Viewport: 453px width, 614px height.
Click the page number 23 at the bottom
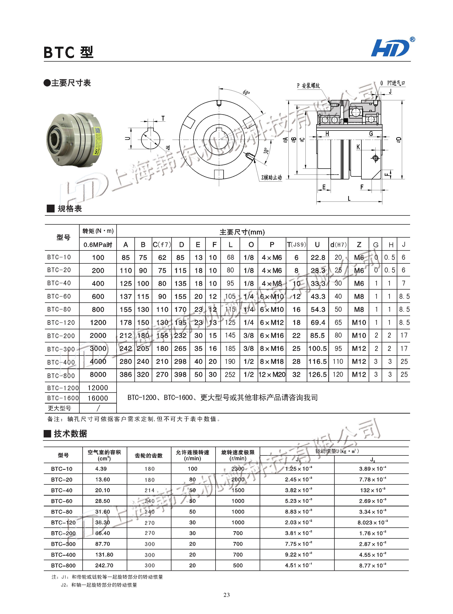point(226,595)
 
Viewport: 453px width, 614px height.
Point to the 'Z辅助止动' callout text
point(272,177)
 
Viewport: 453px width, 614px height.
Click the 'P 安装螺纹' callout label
point(309,86)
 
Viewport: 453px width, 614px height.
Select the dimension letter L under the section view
point(349,199)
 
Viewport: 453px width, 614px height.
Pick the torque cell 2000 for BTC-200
point(98,336)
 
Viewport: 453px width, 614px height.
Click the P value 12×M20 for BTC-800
point(272,374)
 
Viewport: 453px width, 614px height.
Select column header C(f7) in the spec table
point(162,245)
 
